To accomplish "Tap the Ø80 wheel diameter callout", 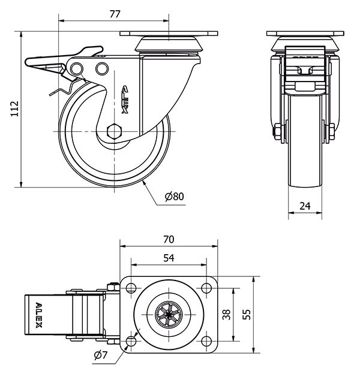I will point(173,196).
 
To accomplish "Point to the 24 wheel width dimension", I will point(304,206).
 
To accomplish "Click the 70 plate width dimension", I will point(169,239).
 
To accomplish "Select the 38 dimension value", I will point(227,314).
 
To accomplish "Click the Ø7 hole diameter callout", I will point(100,355).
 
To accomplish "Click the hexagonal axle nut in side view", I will point(114,131).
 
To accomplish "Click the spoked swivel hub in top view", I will point(169,315).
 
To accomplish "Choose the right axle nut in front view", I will point(331,132).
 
